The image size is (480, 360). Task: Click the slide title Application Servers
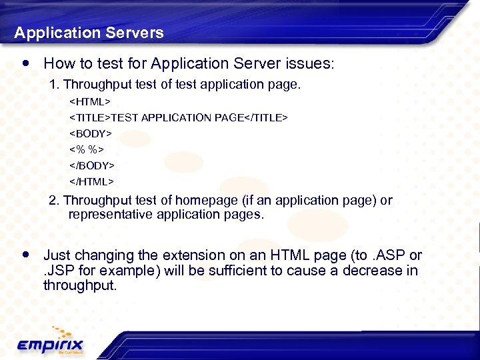click(89, 33)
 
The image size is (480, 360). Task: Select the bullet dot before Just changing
click(26, 255)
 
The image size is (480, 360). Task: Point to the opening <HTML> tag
click(91, 102)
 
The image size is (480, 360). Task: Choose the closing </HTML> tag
click(92, 181)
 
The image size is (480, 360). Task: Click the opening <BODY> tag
click(91, 133)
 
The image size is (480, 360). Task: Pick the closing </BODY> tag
click(92, 165)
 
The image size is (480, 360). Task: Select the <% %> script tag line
click(87, 149)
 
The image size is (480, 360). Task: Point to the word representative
click(111, 215)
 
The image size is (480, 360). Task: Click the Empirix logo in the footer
click(51, 343)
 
